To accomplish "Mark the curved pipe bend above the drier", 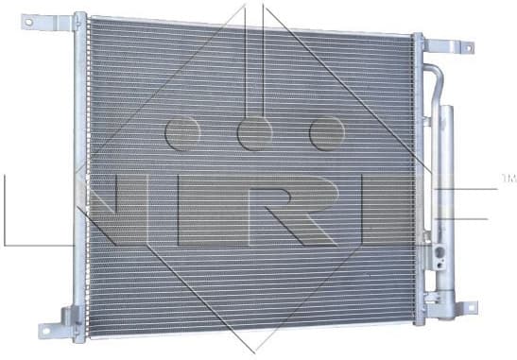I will click(434, 76).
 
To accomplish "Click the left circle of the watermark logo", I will click(181, 133).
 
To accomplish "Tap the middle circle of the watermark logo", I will click(254, 133).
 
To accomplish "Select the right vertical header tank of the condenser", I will click(418, 180).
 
